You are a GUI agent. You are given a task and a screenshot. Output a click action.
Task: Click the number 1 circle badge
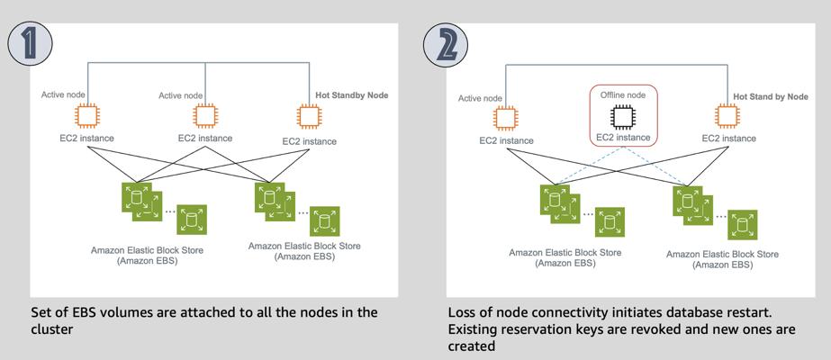coord(30,43)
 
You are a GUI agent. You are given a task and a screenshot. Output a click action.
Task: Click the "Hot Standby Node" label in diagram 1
coord(352,95)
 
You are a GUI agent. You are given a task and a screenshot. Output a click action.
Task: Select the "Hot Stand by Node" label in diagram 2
coord(771,96)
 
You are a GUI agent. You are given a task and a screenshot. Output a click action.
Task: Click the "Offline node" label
coord(623,95)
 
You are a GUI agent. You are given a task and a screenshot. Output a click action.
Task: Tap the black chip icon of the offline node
coord(623,117)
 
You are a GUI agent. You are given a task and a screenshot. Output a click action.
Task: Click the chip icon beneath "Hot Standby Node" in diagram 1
coord(310,116)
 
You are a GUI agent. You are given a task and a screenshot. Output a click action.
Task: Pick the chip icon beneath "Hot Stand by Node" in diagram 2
coord(728,117)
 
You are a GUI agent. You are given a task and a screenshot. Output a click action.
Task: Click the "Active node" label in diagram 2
coord(480,98)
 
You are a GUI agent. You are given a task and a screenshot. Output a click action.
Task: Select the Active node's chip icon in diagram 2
coord(506,118)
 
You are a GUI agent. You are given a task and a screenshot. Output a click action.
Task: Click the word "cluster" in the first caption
coord(51,329)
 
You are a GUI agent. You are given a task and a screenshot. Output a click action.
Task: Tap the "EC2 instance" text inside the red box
coord(623,138)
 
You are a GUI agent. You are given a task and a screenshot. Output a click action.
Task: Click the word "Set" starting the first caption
coord(41,312)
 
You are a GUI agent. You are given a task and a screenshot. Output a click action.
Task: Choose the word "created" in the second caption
coord(472,346)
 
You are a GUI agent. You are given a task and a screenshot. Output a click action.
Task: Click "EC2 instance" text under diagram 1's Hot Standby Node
coord(309,142)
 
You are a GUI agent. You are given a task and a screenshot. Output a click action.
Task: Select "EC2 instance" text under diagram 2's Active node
coord(506,140)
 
